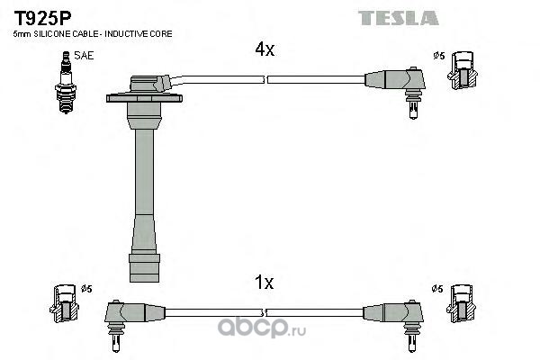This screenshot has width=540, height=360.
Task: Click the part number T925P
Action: [x=42, y=19]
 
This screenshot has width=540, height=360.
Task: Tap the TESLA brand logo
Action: [x=399, y=18]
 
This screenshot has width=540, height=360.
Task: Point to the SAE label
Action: [x=84, y=56]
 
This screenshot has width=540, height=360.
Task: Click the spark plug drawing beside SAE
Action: [x=66, y=82]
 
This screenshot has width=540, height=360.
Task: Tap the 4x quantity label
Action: [x=265, y=49]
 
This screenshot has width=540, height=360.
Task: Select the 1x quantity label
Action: [x=264, y=283]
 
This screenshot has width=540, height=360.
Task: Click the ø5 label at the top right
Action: [x=439, y=56]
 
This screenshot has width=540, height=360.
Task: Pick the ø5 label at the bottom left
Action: [x=86, y=289]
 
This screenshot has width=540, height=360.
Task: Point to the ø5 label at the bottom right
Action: [x=437, y=289]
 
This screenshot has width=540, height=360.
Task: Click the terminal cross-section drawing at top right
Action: [x=463, y=71]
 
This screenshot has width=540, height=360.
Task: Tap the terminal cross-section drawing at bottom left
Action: [x=64, y=304]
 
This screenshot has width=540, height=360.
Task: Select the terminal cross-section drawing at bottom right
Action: [x=462, y=304]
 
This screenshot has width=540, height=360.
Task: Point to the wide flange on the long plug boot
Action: [x=144, y=98]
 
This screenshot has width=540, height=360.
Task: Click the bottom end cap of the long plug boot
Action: [x=144, y=268]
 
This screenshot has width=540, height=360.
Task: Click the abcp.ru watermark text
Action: [x=262, y=327]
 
